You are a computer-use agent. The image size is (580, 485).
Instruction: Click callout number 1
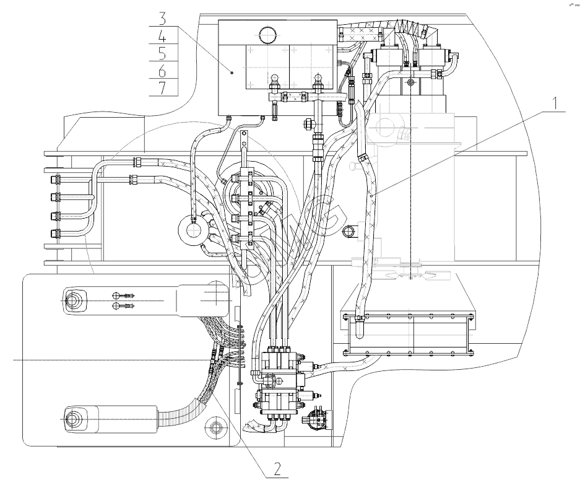(x=555, y=103)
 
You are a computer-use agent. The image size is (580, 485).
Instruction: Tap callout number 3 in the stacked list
(x=162, y=17)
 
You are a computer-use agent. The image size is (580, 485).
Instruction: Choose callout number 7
(x=162, y=87)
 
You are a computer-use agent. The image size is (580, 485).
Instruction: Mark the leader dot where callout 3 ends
(x=232, y=72)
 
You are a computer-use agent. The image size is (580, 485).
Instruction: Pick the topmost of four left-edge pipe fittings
(x=55, y=180)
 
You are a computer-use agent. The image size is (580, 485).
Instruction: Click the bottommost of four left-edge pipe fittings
(x=55, y=234)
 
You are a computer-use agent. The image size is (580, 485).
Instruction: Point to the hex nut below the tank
(x=307, y=124)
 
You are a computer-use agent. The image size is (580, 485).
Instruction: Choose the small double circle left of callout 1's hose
(x=348, y=232)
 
